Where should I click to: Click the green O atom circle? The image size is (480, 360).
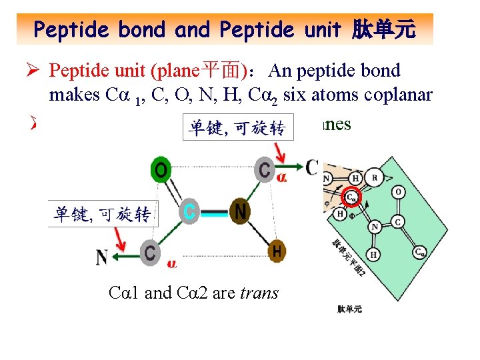161,171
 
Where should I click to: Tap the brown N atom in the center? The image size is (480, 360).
240,213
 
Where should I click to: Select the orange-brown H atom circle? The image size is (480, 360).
277,251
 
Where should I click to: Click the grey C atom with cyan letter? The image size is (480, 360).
189,213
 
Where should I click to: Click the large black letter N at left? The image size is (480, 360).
101,256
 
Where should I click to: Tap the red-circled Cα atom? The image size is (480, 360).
351,198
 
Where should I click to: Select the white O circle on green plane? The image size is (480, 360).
397,193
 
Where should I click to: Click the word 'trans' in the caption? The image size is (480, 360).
259,293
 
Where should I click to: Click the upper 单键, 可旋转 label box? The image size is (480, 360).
237,128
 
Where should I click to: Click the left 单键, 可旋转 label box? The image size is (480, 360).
102,215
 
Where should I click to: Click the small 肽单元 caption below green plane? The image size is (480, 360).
350,309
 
